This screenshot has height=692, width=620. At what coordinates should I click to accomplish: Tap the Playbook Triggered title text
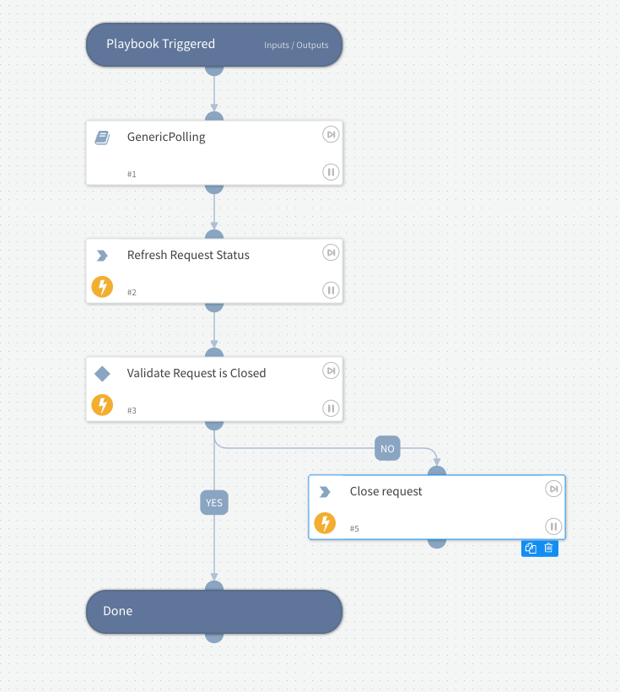pos(160,44)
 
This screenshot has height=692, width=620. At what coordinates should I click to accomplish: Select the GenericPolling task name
pos(166,137)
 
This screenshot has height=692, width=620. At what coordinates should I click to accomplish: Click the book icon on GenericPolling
pos(102,138)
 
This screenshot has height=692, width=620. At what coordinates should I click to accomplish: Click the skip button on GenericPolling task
pos(331,134)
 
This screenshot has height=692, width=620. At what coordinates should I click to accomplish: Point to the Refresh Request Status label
pos(188,255)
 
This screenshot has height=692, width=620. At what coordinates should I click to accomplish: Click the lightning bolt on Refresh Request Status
pos(102,287)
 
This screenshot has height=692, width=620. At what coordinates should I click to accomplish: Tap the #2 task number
pos(132,292)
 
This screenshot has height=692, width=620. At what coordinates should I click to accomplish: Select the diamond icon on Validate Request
pos(102,373)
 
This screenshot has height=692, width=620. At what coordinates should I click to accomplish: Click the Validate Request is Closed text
pos(197,373)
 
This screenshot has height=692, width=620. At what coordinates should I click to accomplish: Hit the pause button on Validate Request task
pos(331,408)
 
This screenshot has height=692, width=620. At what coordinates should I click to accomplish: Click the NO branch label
pos(387,449)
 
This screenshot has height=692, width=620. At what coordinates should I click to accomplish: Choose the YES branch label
pos(214,503)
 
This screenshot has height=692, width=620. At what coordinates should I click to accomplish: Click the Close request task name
pos(386,491)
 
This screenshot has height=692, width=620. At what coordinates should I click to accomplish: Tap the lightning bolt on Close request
pos(325,523)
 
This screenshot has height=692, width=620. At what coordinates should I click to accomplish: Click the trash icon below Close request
pos(548,548)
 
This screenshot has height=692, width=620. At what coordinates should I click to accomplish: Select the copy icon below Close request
pos(531,548)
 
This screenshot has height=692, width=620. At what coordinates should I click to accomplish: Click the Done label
pos(117,611)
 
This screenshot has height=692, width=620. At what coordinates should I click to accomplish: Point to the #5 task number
pos(354,528)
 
